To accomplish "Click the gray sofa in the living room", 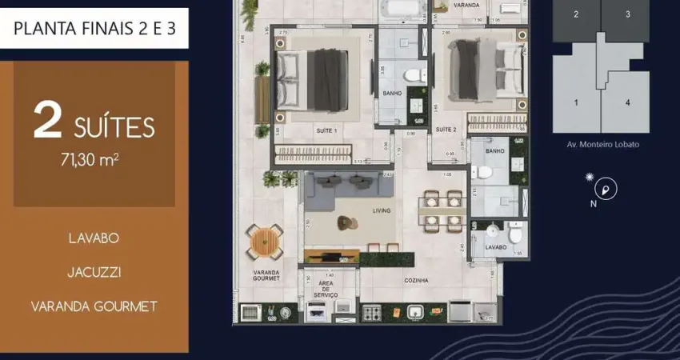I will (349, 186).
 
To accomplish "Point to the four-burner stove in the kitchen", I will (373, 313).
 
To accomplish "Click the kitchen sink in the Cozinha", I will (417, 312).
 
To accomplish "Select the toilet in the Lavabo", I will (516, 234).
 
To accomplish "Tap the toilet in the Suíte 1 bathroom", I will (411, 75).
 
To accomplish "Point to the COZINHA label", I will (416, 281).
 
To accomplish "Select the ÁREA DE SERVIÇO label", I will (326, 289).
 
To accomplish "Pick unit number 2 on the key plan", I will (576, 14).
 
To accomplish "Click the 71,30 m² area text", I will (94, 159).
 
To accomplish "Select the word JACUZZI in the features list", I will (94, 272).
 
